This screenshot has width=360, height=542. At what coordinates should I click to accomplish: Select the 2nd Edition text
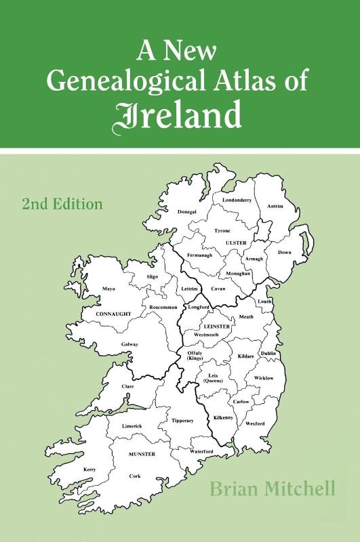62,203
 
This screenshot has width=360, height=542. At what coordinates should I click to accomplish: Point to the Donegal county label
187,212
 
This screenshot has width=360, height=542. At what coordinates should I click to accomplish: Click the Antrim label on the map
275,206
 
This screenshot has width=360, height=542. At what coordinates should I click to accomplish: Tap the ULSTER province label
237,242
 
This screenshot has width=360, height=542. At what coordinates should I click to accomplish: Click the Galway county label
129,344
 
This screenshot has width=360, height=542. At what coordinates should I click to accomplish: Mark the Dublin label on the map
268,353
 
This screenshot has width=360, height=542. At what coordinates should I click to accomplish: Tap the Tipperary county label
182,421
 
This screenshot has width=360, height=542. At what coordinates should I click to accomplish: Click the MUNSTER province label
140,453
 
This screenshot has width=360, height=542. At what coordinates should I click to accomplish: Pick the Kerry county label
89,470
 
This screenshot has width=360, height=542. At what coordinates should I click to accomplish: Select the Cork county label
135,476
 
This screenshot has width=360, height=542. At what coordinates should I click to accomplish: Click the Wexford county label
256,423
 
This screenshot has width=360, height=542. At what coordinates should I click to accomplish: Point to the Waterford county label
201,451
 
